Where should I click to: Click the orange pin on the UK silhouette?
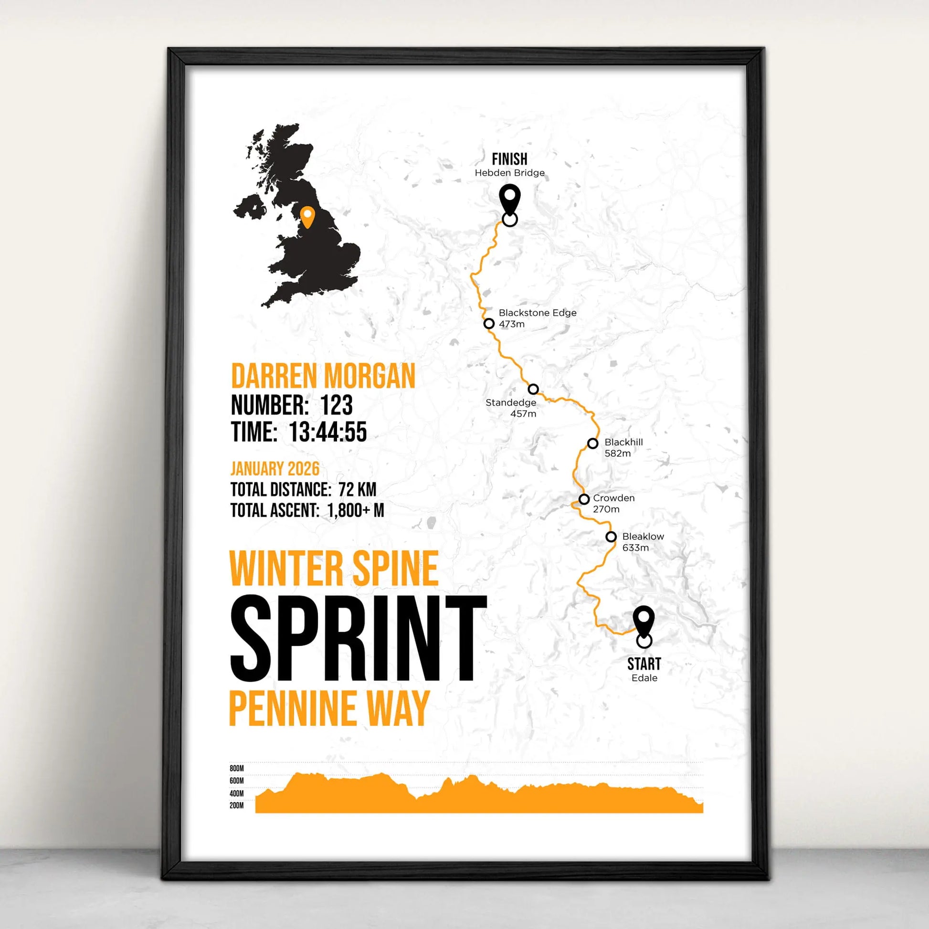(x=307, y=216)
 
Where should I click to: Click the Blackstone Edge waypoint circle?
(x=489, y=323)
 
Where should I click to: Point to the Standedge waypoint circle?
(x=533, y=389)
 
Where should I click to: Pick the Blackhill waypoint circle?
(x=592, y=443)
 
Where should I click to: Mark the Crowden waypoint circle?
(x=584, y=499)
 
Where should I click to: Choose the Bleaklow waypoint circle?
(x=611, y=537)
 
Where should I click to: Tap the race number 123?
(x=336, y=405)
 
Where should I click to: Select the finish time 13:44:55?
(x=328, y=432)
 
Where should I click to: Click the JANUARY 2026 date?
(x=274, y=468)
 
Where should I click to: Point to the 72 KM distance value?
(x=357, y=489)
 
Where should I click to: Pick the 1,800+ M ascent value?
(x=355, y=510)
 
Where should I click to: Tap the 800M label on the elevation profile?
(x=237, y=769)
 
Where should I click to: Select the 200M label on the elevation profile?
(x=237, y=805)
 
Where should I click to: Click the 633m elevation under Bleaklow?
(x=635, y=548)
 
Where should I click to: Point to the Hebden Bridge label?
(x=510, y=173)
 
